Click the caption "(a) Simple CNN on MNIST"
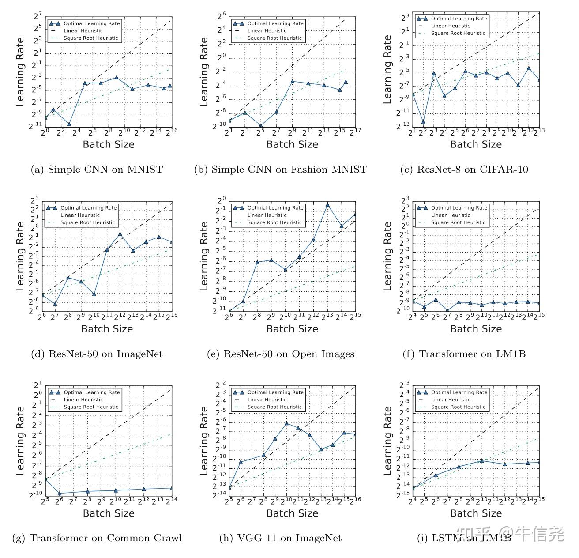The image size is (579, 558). coord(97,170)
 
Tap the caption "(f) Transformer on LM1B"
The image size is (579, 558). coord(464,354)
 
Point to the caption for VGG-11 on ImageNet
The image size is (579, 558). coord(280,538)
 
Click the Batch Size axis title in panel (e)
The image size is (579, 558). coord(292,329)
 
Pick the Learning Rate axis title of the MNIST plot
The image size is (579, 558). coord(20,72)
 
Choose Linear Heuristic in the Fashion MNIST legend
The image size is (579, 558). coord(267,31)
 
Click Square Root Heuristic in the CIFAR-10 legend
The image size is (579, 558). coord(458,33)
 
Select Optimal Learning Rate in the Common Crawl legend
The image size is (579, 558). coord(91,392)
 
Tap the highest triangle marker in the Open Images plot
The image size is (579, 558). coord(327,204)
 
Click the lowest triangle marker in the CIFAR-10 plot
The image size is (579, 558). coord(423,122)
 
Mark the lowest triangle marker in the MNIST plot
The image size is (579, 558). coord(69,124)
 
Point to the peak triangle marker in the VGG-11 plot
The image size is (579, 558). coord(286,423)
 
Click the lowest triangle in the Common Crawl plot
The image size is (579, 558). coord(60,494)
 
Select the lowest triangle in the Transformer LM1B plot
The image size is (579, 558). coord(447,311)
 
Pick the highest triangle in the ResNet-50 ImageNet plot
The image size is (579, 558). coord(120,234)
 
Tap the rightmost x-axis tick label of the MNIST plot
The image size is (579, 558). coord(171,131)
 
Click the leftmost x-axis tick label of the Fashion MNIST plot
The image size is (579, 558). coord(229,132)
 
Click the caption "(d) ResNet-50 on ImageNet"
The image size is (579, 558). coord(97,354)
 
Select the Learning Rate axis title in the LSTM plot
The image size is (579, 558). coord(387,441)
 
